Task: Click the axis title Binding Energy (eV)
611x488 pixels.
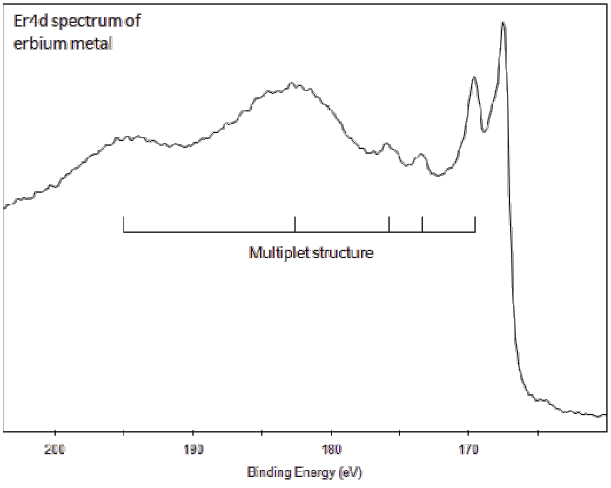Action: (x=304, y=473)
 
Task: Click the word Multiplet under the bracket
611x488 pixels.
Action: (x=274, y=254)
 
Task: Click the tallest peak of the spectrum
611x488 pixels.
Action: (x=503, y=23)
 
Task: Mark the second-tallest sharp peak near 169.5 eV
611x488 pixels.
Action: (x=473, y=77)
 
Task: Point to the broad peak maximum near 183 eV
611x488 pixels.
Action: (x=292, y=84)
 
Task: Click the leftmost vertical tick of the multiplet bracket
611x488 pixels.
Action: (x=124, y=224)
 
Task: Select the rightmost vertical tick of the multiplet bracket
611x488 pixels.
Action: (x=475, y=224)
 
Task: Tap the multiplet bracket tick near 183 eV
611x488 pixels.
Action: (x=295, y=224)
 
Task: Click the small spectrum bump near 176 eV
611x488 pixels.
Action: (x=387, y=144)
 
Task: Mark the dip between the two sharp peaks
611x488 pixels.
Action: (x=485, y=131)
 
